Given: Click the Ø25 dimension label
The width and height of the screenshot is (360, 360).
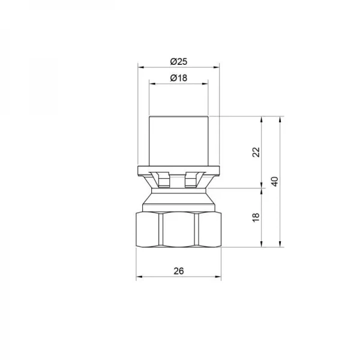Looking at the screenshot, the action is point(179,62).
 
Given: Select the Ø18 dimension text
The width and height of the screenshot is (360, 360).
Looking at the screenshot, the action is point(179,78).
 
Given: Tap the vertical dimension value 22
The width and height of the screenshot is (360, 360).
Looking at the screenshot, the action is point(256,152).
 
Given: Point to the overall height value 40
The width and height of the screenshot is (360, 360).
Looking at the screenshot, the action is point(275,182).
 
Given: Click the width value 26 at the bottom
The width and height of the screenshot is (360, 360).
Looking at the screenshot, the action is point(179,271).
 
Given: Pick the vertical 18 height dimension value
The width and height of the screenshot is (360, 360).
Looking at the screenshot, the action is point(256,217).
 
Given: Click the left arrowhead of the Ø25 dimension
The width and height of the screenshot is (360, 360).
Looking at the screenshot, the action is point(141,67).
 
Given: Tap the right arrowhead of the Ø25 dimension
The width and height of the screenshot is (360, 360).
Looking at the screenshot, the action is point(216,67).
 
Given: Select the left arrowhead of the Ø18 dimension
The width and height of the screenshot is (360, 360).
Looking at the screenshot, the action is point(152,84).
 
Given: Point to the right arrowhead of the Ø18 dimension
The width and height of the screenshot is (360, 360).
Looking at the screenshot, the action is point(205,84).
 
